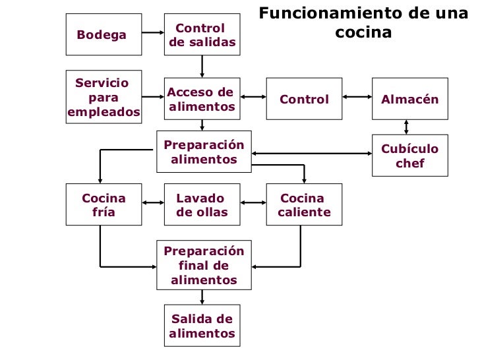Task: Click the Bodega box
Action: [104, 34]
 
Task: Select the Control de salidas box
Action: [202, 34]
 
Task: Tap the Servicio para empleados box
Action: [104, 98]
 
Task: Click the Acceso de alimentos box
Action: [202, 99]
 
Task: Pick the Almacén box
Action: [409, 99]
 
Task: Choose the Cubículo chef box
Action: [409, 156]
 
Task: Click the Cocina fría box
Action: [104, 204]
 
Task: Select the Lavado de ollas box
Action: [202, 204]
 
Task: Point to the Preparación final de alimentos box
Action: [204, 265]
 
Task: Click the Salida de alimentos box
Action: [202, 326]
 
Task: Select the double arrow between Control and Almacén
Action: [357, 97]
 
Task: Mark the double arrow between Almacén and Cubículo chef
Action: [407, 127]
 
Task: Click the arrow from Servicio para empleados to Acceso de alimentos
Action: [153, 97]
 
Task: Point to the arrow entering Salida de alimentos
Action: [202, 297]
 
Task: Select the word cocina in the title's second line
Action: [363, 32]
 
